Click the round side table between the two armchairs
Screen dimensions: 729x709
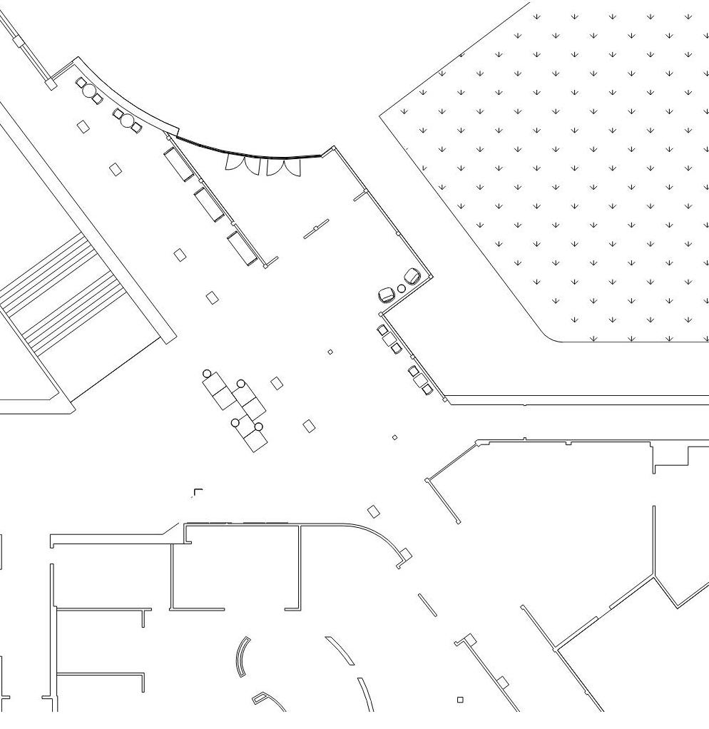click(x=401, y=288)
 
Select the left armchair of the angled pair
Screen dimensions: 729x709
click(x=387, y=294)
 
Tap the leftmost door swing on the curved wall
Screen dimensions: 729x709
click(x=235, y=163)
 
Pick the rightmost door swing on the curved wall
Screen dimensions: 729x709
click(x=292, y=168)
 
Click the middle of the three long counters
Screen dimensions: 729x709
click(x=209, y=204)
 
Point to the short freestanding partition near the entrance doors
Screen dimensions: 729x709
click(x=316, y=229)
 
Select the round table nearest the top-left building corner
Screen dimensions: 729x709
click(x=89, y=91)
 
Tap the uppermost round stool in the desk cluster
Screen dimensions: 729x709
click(x=207, y=373)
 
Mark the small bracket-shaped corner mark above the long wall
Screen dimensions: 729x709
click(x=198, y=491)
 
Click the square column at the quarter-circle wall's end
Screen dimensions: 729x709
click(x=404, y=554)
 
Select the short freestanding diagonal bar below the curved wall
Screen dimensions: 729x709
click(x=427, y=604)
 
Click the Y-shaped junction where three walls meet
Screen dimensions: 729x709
click(x=653, y=575)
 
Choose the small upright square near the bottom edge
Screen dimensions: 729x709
click(x=460, y=700)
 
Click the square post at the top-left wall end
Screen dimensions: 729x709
click(x=51, y=83)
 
